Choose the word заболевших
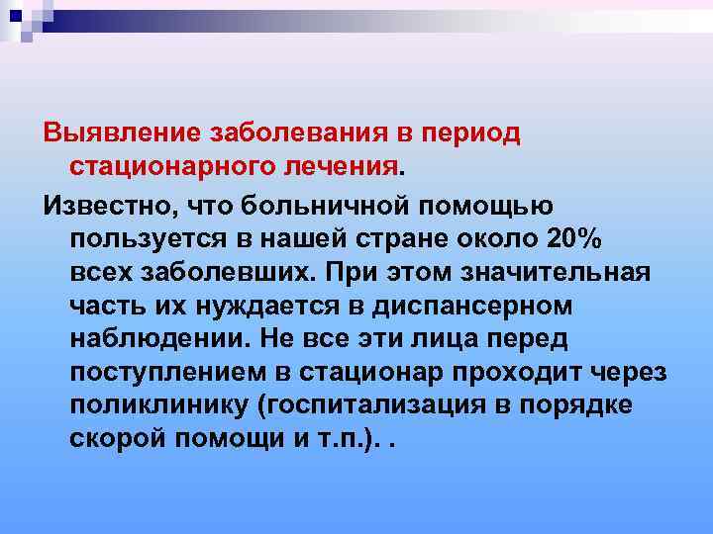222,272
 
